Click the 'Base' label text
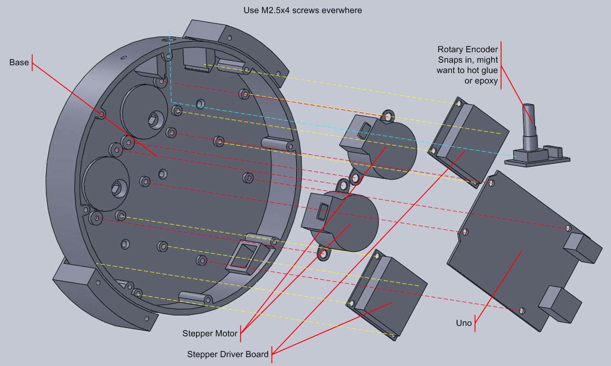[19, 63]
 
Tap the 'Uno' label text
[464, 323]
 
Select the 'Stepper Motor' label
[209, 334]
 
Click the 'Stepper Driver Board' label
[227, 354]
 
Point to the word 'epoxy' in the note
[485, 81]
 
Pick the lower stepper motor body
[346, 223]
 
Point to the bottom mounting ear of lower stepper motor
[323, 254]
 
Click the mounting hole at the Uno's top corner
[492, 183]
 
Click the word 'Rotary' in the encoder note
[449, 50]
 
